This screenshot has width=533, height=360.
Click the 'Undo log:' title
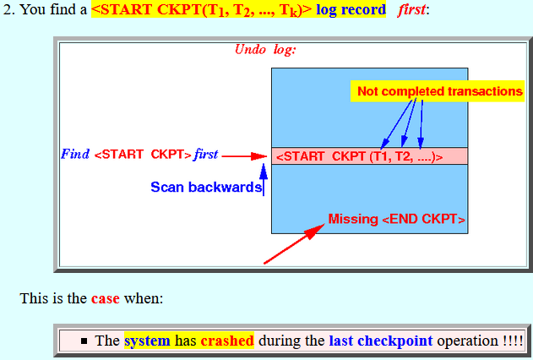[x=265, y=50]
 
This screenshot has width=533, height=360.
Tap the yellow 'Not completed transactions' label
[x=438, y=91]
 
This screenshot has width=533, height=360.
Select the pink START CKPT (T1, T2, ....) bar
[x=369, y=156]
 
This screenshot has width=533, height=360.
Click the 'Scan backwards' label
[x=206, y=187]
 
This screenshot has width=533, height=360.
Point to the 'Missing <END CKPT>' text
[x=396, y=219]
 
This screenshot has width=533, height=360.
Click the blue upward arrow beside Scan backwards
[x=264, y=180]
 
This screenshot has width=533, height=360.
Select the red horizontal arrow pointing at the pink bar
[x=244, y=156]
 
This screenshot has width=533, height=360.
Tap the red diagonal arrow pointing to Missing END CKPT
[x=294, y=243]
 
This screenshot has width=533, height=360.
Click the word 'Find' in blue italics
[x=75, y=154]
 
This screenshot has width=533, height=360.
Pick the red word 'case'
[x=106, y=298]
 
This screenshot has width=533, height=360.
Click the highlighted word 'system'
[x=147, y=341]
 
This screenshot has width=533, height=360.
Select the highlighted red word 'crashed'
[x=227, y=341]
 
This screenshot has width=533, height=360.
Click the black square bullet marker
[x=84, y=341]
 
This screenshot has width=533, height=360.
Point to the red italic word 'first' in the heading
[x=411, y=9]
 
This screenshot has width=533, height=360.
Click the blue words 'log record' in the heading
[x=351, y=9]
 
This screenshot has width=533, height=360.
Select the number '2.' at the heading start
[x=9, y=9]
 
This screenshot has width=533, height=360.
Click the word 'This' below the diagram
[x=33, y=298]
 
